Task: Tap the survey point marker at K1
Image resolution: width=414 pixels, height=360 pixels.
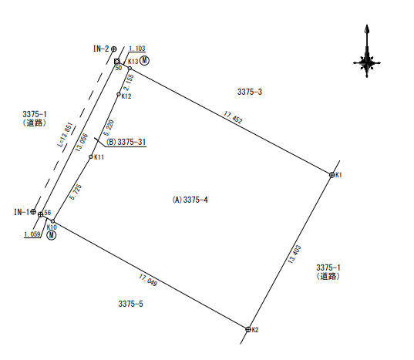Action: (x=332, y=175)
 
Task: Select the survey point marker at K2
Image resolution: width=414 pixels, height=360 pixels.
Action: (x=248, y=329)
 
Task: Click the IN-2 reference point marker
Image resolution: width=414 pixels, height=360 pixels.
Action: (x=114, y=49)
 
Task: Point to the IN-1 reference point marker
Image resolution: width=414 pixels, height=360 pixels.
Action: (x=33, y=211)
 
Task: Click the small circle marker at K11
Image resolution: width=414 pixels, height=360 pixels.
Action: (x=91, y=156)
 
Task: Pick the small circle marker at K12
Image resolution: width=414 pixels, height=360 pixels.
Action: (x=119, y=94)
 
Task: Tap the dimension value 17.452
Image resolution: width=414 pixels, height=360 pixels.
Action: (x=233, y=117)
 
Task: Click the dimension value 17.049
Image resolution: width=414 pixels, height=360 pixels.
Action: (x=148, y=280)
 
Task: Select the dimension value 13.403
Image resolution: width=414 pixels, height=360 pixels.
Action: (x=295, y=254)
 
